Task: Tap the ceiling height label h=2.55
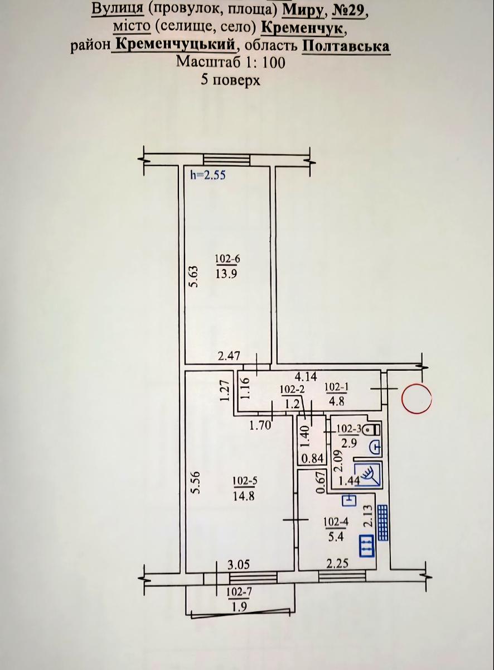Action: pos(208,175)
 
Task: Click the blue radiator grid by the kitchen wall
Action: pos(383,523)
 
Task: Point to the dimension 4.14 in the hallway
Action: pos(306,376)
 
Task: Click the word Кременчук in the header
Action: pos(302,28)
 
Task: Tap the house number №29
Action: pos(350,11)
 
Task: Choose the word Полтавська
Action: pos(346,46)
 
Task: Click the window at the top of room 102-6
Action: pos(226,160)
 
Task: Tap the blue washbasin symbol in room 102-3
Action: pos(375,447)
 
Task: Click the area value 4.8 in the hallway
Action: pos(336,402)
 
